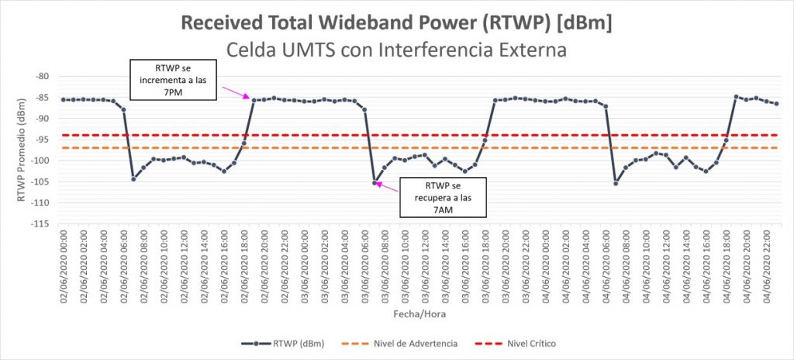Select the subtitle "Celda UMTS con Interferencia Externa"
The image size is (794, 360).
pos(397,50)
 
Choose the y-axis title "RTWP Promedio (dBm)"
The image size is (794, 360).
pos(21,149)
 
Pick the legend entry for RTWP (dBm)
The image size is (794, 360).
pos(282,342)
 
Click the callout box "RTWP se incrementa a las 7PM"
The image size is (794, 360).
pos(173,81)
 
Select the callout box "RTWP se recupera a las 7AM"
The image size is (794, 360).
pos(442,197)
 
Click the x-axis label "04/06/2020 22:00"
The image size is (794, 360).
pos(767,262)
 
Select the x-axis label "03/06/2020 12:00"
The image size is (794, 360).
pos(425,262)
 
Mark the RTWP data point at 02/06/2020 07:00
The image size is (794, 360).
pos(133,179)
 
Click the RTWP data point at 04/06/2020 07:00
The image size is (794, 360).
pos(616,183)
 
